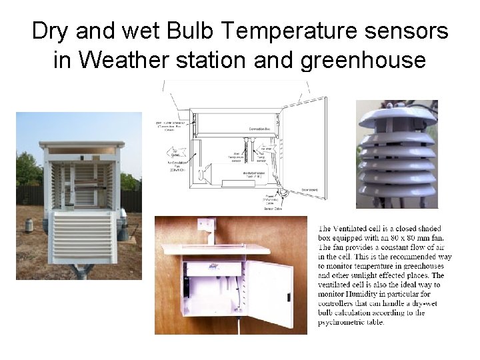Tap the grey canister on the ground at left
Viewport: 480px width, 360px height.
29,225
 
